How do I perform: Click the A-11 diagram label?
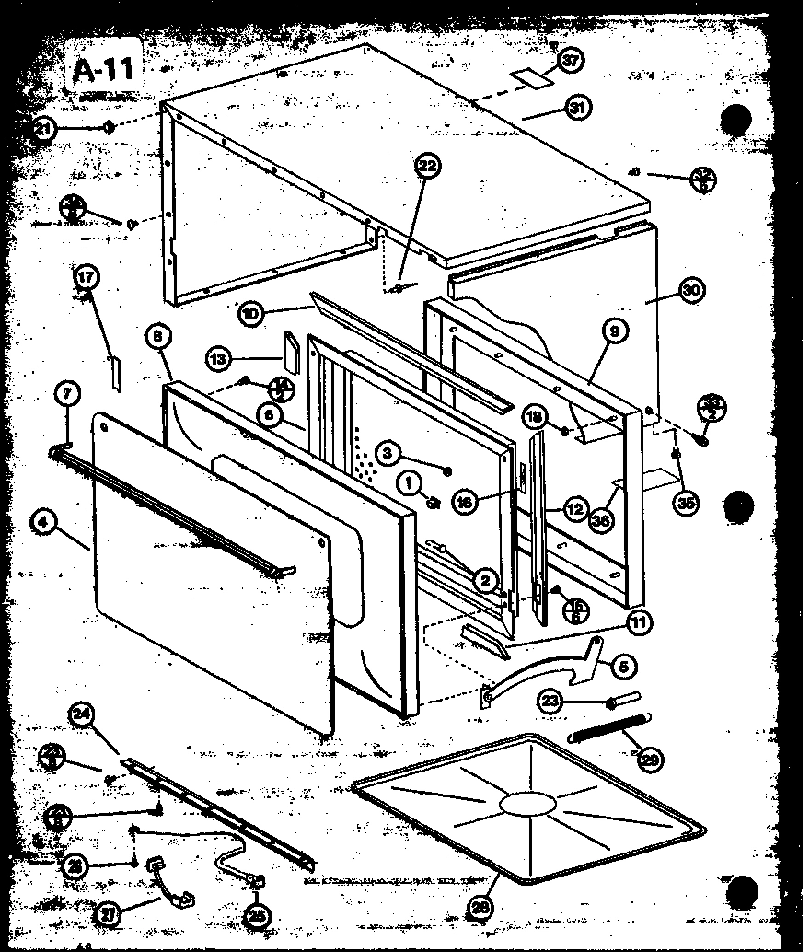104,70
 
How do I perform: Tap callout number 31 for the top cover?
577,108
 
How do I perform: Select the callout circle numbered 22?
427,167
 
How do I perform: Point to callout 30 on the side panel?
690,289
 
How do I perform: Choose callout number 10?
250,313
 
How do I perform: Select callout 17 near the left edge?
86,276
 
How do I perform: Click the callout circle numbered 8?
158,337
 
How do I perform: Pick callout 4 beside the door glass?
42,522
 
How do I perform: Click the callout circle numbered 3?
388,452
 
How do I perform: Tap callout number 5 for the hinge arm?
622,664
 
